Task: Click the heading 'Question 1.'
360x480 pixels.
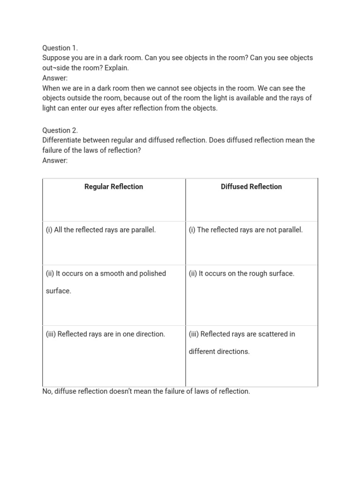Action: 60,48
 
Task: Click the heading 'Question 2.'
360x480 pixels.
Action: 60,130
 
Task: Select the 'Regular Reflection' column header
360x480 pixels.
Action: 113,187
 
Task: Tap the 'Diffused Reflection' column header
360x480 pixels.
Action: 251,187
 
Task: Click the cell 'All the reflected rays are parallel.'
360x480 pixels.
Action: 101,230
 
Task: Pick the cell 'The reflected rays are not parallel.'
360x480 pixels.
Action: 246,230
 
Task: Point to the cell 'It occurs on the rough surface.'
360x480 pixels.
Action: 241,273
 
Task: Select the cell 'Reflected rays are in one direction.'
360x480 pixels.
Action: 105,334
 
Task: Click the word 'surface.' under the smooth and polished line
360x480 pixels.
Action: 59,291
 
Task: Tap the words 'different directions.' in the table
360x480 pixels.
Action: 219,352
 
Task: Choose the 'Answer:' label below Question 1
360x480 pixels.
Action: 55,78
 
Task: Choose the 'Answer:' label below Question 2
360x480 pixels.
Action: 55,160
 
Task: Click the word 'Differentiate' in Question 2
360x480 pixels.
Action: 63,140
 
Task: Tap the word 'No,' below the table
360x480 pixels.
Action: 47,391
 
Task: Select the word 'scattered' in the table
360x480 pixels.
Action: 272,334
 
